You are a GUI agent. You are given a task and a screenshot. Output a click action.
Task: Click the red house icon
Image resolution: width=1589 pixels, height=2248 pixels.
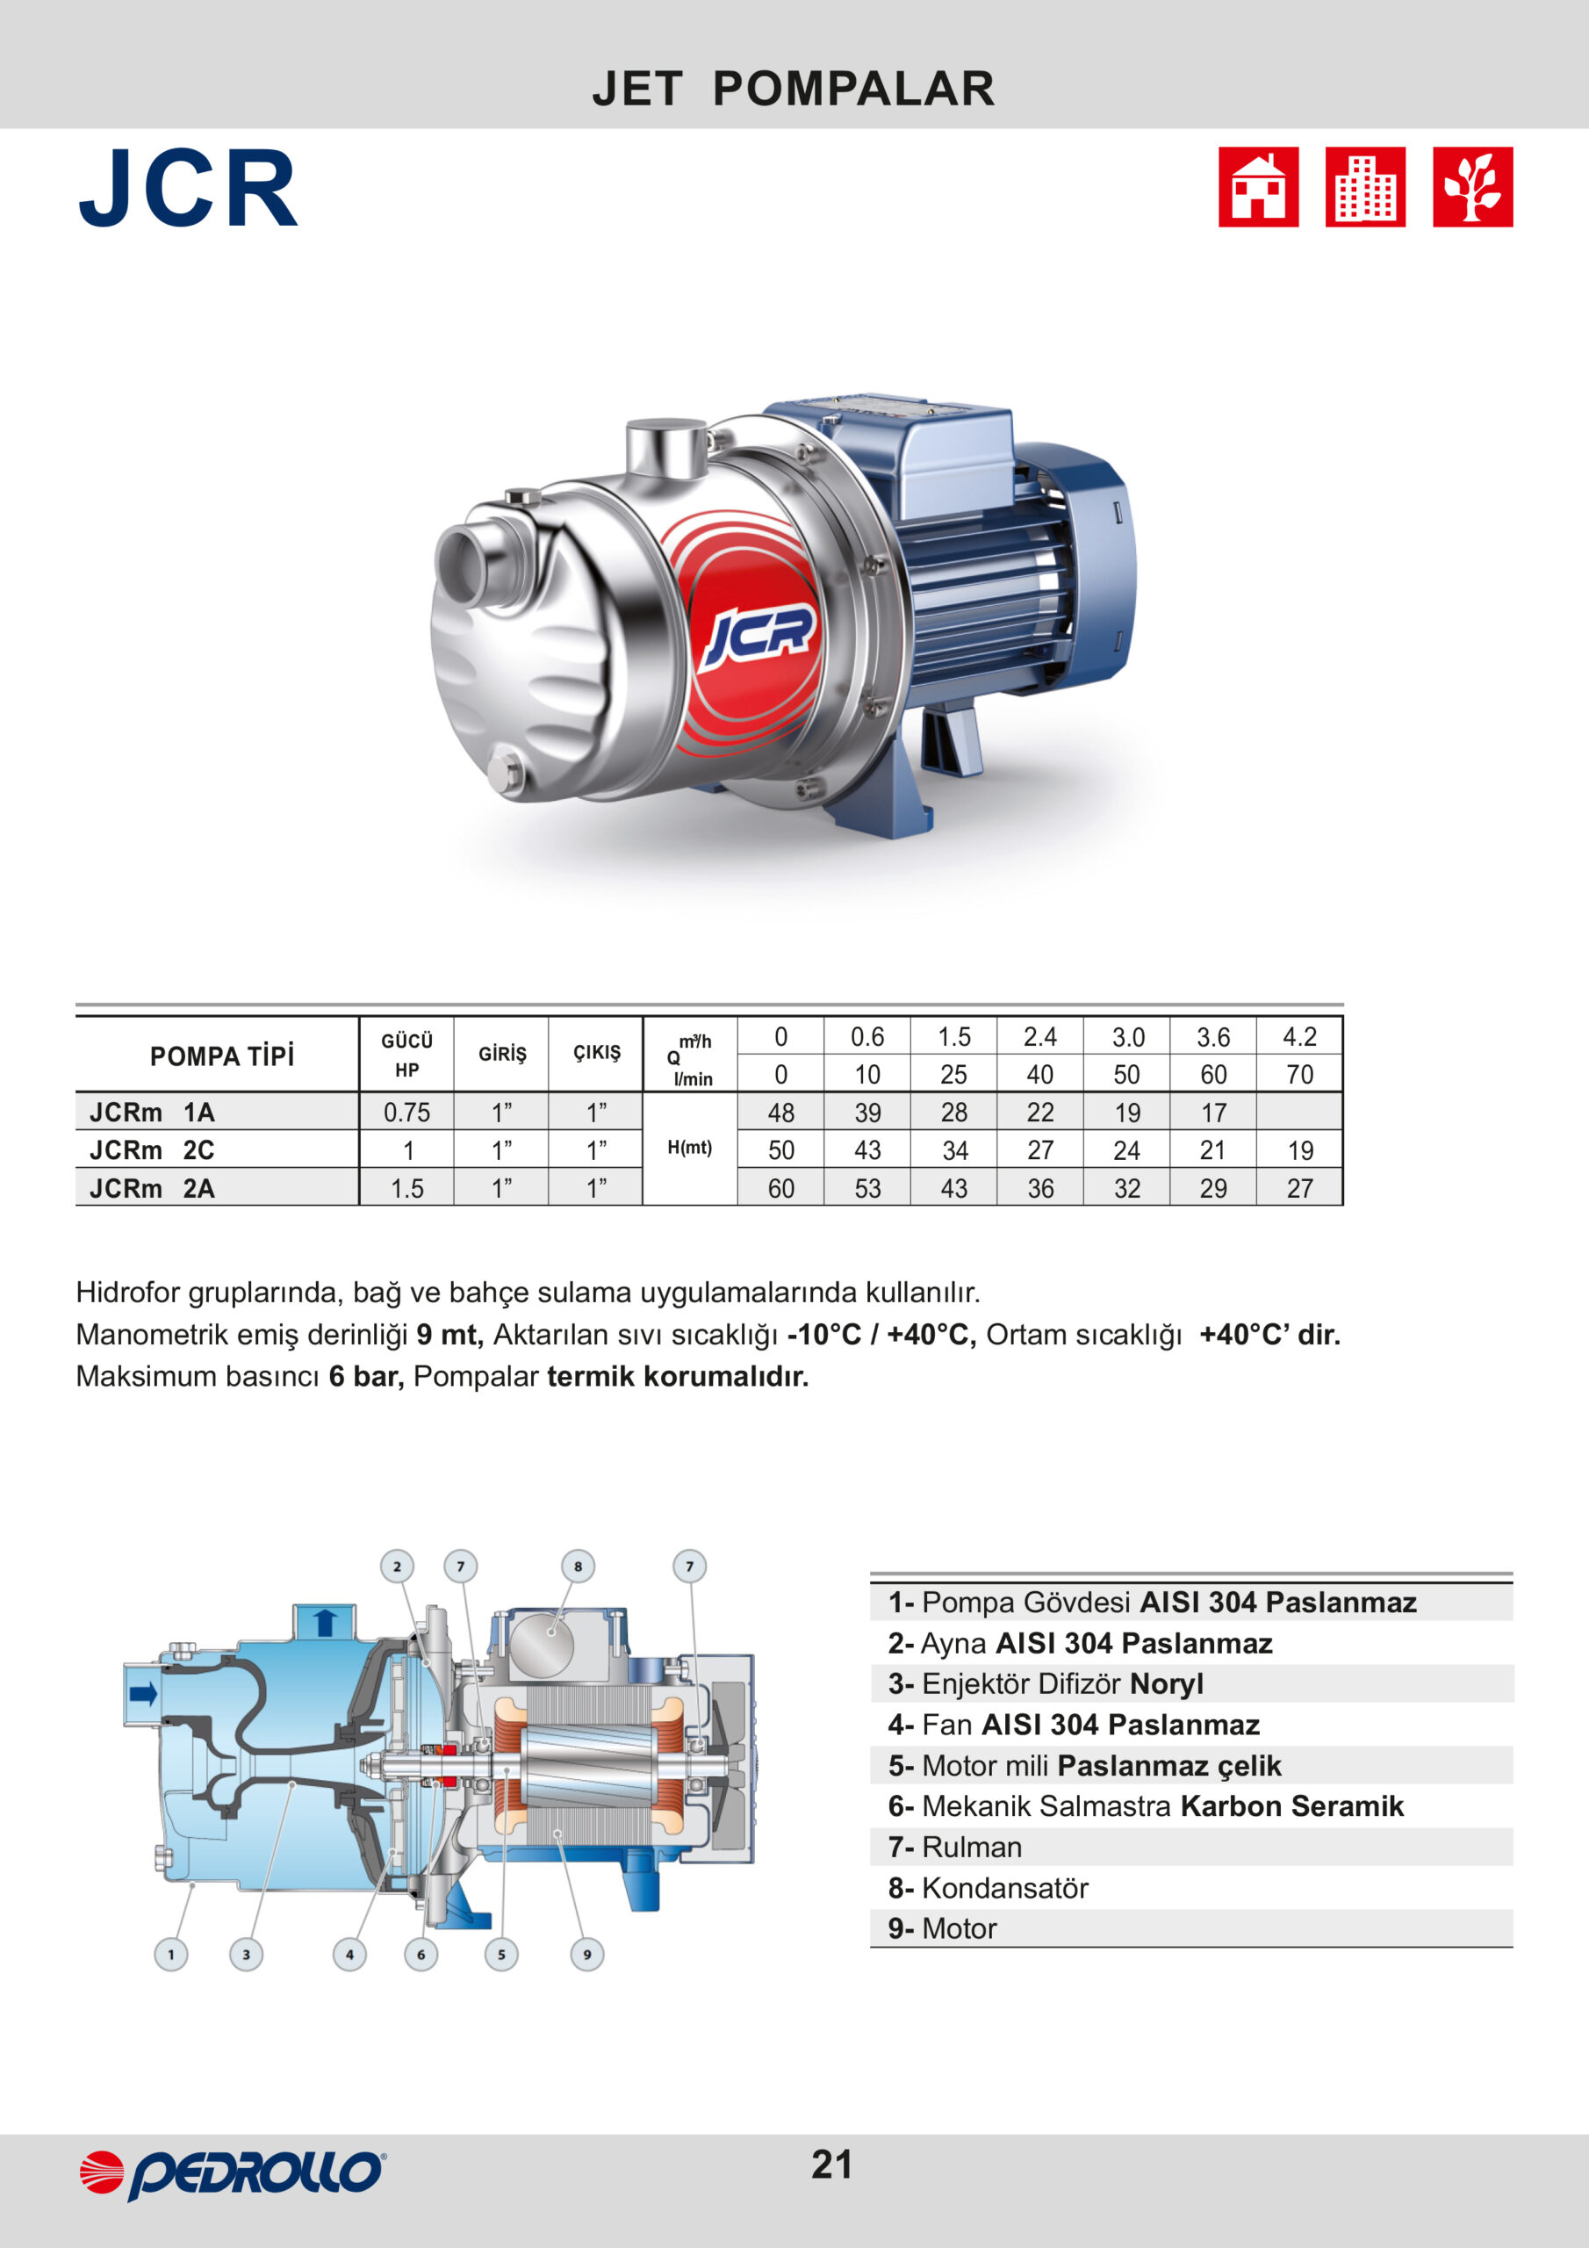(1258, 187)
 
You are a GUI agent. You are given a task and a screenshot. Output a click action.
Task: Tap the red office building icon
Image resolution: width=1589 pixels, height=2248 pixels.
(1365, 187)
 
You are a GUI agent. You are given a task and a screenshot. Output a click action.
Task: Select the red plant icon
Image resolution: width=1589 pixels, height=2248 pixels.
(1472, 187)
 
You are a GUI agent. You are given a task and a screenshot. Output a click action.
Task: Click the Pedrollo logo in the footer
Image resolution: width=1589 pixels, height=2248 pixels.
(232, 2174)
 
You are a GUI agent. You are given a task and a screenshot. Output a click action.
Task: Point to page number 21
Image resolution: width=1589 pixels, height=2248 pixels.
(831, 2165)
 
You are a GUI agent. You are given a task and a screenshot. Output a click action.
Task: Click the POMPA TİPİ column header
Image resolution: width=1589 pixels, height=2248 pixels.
(221, 1056)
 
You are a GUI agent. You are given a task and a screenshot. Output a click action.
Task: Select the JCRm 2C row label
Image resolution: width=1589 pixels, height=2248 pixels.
(152, 1149)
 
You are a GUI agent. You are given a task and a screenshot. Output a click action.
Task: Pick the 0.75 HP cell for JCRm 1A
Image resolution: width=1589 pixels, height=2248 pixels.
(406, 1113)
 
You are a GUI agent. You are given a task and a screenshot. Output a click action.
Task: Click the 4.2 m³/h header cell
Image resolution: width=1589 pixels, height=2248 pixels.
(1299, 1037)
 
